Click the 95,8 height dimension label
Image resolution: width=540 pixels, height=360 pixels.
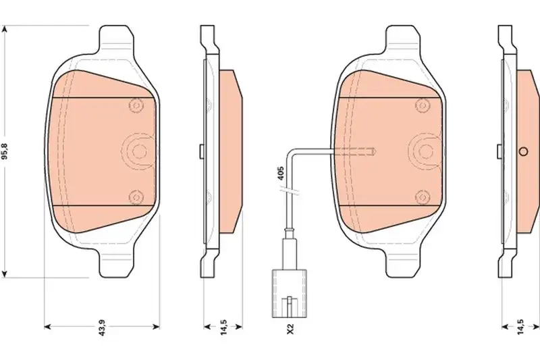coord(5,152)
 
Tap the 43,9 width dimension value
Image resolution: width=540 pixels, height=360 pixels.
coord(102,328)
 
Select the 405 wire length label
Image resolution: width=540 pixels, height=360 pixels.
coord(280,174)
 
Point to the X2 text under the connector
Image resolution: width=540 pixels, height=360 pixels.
coord(290,329)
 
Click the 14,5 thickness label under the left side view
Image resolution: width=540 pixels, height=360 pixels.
coord(223,328)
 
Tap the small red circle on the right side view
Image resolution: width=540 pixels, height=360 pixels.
coord(523,151)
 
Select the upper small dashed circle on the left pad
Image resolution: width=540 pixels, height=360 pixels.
coord(136,105)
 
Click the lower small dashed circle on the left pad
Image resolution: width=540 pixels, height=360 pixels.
coord(136,197)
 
